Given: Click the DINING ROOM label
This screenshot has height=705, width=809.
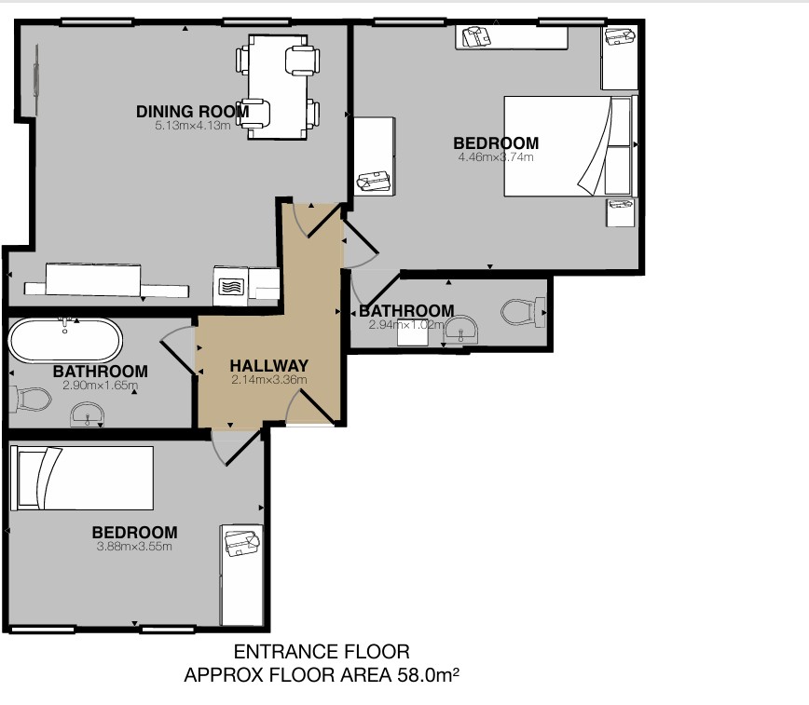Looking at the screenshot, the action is click(192, 112).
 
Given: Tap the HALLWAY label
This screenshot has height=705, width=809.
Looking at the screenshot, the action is click(268, 366).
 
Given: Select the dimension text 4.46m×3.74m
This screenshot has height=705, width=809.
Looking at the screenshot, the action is click(496, 157).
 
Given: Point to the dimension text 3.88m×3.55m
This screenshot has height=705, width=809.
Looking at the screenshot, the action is click(134, 547).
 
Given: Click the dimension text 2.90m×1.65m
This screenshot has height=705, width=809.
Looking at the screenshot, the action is click(100, 386).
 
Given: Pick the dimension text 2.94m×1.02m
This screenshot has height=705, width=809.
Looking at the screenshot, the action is click(406, 325).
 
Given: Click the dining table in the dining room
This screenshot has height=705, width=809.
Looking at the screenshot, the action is click(278, 87).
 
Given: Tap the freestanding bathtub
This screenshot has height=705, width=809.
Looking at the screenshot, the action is click(65, 340).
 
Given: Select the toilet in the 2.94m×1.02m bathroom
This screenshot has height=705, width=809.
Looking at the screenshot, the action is click(523, 313).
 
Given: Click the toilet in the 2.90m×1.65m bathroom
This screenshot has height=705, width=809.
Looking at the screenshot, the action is click(31, 400).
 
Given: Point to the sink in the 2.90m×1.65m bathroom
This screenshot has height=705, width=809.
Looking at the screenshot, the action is click(88, 414).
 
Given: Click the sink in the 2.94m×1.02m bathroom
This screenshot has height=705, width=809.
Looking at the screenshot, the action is click(461, 330).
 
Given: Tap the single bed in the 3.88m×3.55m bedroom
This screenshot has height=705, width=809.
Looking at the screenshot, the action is click(81, 478).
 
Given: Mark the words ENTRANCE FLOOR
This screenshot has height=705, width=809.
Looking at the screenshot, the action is click(322, 652).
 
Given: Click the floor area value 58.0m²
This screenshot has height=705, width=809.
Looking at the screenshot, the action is click(428, 674).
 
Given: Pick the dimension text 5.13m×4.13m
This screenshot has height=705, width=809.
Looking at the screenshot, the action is click(192, 126).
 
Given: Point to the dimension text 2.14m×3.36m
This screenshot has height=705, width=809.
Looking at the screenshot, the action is click(268, 380).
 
